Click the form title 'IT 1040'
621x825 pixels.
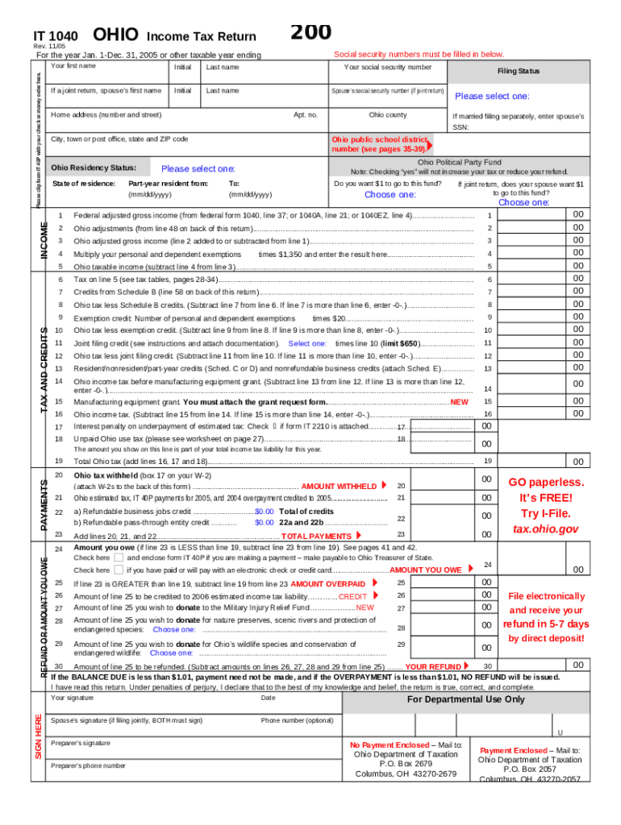[x=55, y=36]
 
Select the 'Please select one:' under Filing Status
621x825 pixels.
[x=492, y=96]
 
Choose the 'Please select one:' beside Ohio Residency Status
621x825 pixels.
[x=198, y=168]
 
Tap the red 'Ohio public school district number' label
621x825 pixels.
[x=378, y=143]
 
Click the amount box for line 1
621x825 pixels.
[x=532, y=216]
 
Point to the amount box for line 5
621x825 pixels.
[x=532, y=266]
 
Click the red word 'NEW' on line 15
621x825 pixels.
[x=459, y=401]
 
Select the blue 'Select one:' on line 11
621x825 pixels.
[x=306, y=343]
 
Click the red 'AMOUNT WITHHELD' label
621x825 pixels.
[x=338, y=487]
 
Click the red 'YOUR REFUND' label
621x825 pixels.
[x=433, y=667]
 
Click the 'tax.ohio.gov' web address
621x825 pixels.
[x=546, y=529]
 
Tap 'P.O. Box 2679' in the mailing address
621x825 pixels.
[x=406, y=764]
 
